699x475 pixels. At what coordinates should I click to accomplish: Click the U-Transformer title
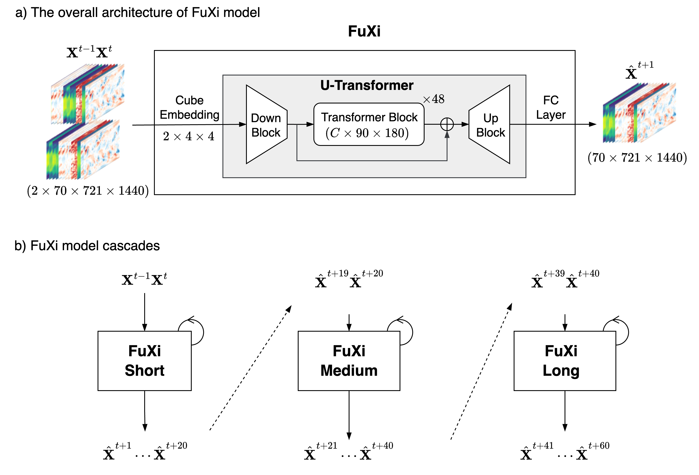click(x=367, y=85)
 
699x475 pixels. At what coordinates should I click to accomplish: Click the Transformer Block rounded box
click(x=369, y=124)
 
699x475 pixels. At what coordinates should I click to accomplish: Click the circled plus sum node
click(x=447, y=124)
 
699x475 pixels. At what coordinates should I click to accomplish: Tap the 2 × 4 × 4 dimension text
click(x=189, y=137)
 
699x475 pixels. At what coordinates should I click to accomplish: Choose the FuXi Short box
click(x=144, y=361)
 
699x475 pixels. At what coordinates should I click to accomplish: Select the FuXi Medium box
click(x=349, y=361)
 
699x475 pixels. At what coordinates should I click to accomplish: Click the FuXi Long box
click(x=565, y=361)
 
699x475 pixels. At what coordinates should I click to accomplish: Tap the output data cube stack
click(x=639, y=113)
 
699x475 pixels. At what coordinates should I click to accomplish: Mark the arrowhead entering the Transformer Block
click(x=310, y=124)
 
